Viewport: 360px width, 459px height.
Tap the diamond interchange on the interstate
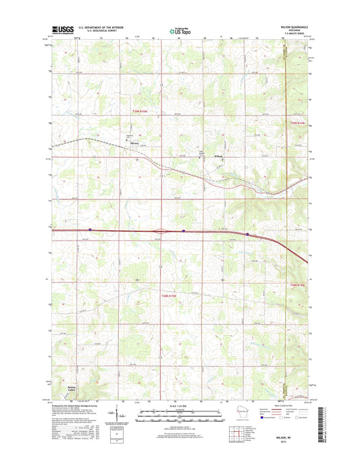pyautogui.click(x=161, y=231)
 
